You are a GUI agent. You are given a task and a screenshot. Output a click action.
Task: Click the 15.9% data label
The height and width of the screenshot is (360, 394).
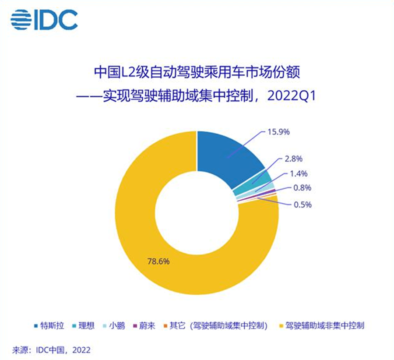[278, 131]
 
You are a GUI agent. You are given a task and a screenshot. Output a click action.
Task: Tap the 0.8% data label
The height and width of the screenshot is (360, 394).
[303, 189]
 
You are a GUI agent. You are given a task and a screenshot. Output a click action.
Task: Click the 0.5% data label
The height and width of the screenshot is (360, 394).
[303, 204]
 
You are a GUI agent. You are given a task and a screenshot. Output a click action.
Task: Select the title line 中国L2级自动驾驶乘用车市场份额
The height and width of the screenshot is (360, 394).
[197, 72]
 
